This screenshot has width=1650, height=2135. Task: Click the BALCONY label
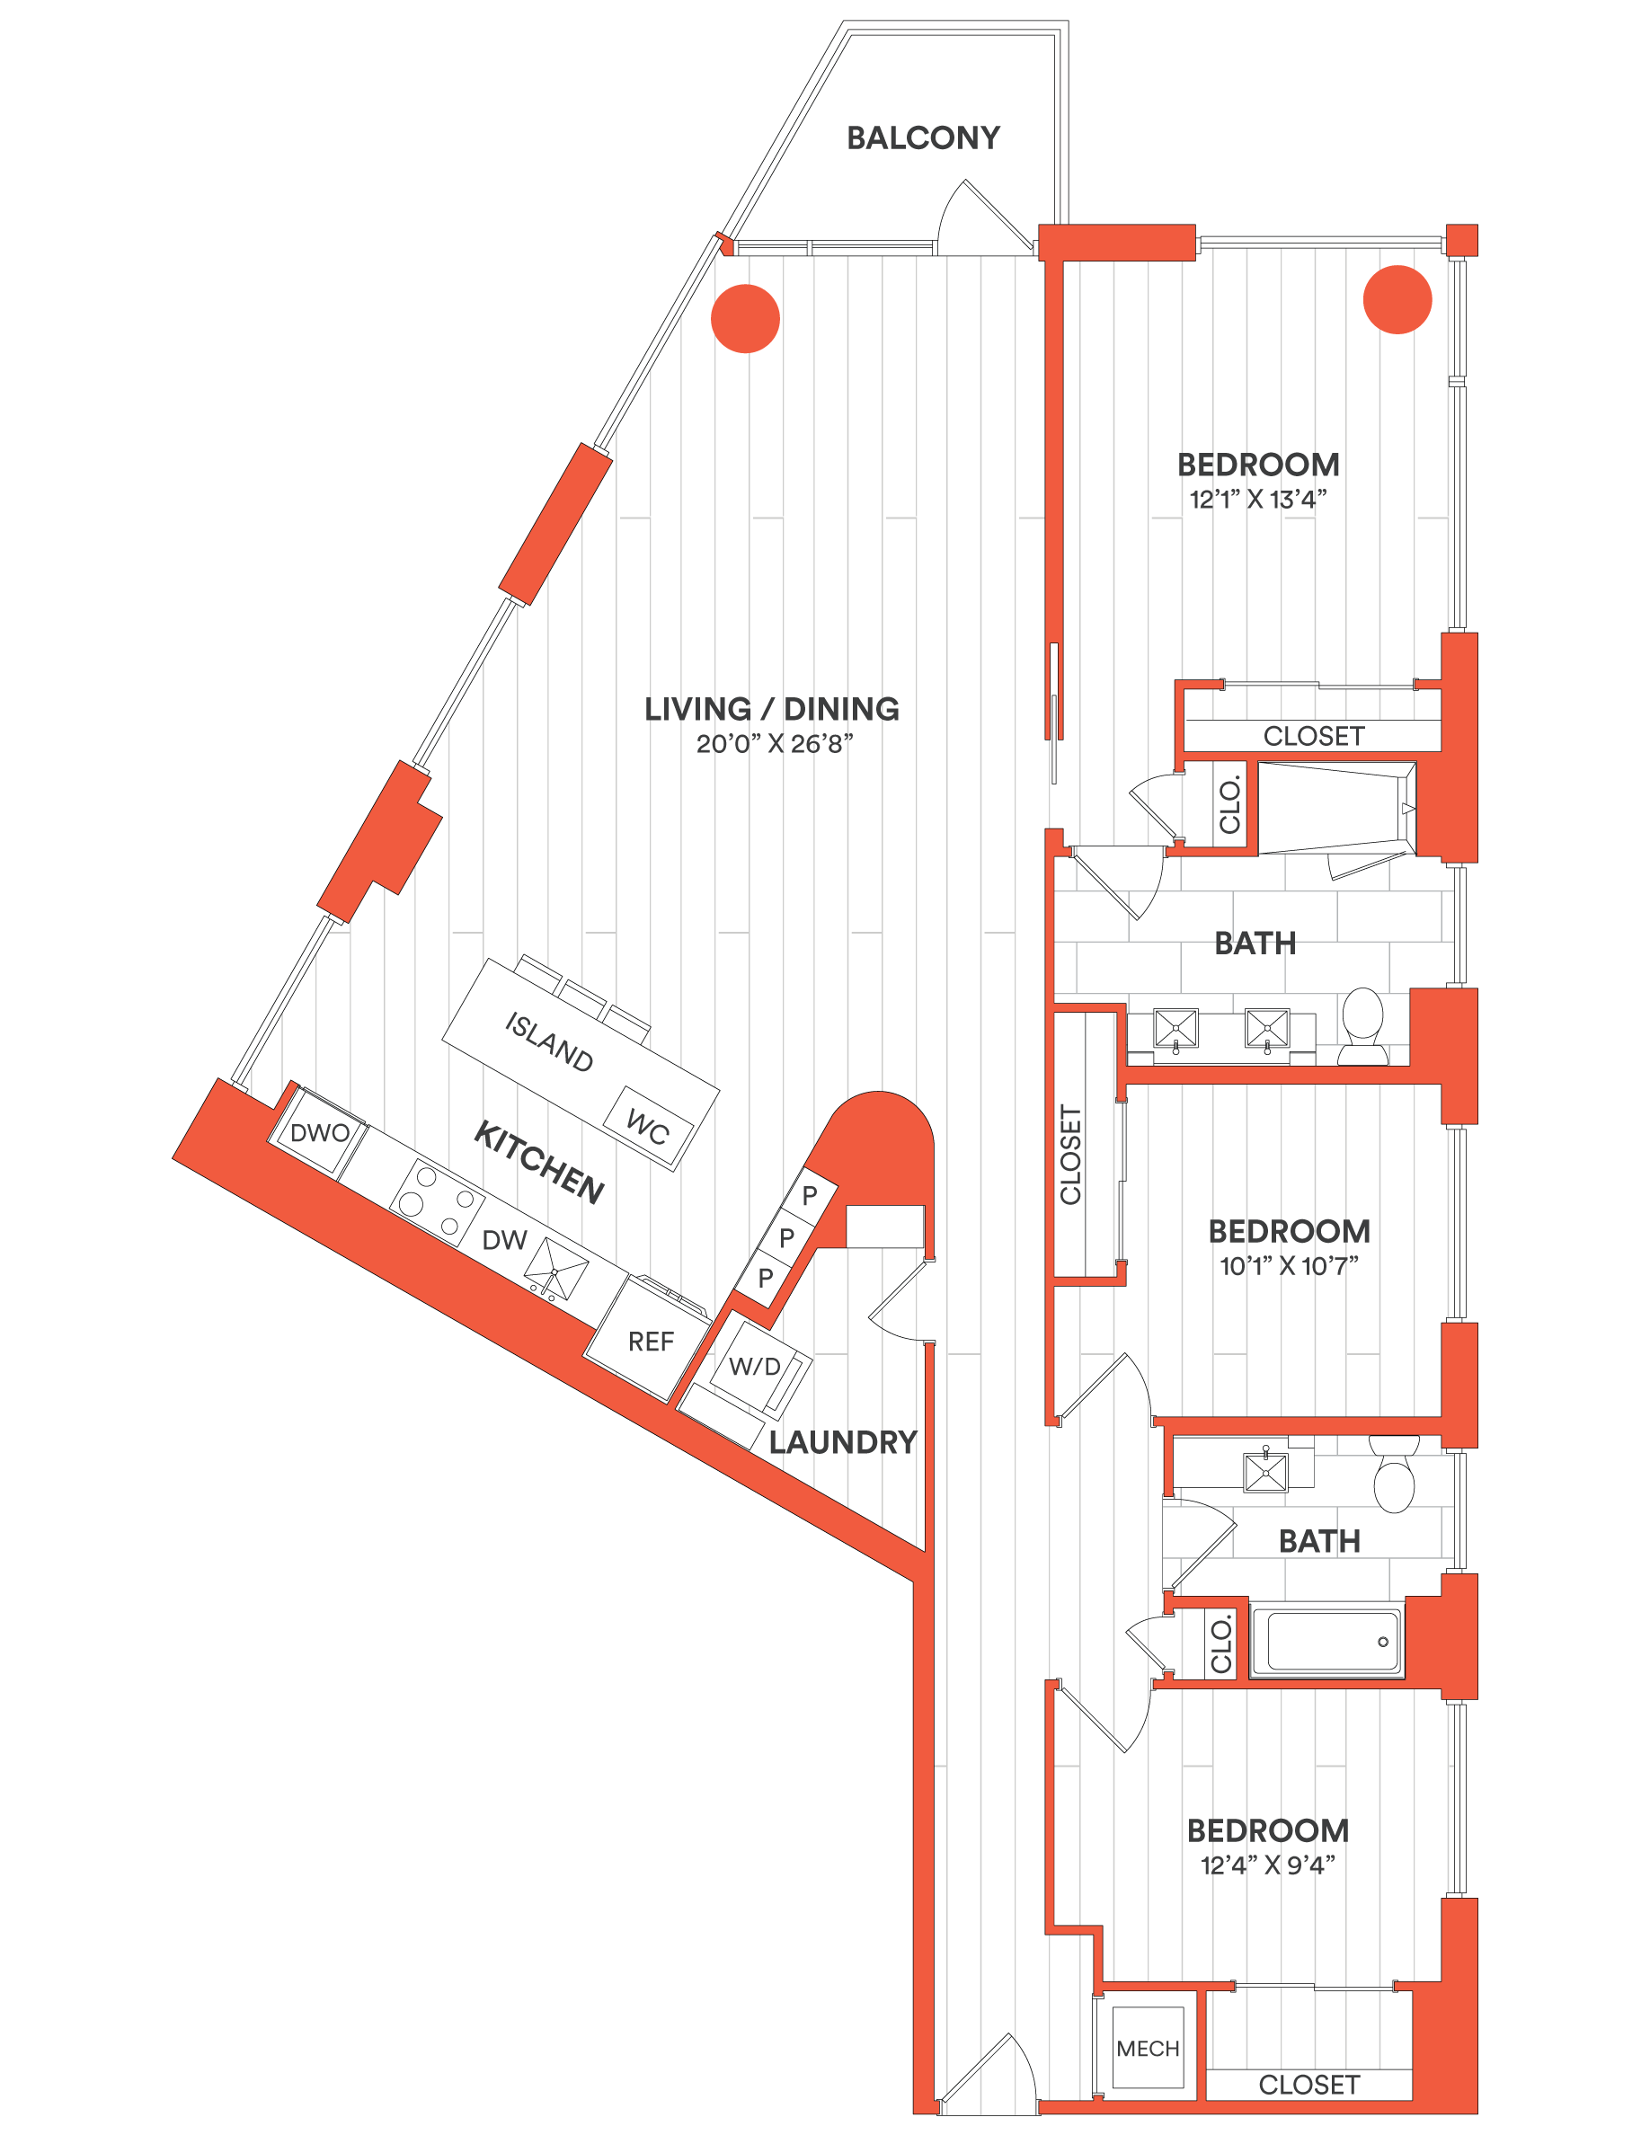click(923, 137)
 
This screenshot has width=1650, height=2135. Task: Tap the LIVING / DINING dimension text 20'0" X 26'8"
click(774, 744)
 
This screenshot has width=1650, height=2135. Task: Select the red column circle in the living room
click(745, 318)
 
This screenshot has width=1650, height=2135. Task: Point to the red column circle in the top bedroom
click(1397, 299)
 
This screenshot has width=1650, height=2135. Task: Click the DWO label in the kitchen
click(320, 1133)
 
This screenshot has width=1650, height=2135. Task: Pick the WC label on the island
click(647, 1127)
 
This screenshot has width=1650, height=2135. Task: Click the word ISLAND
click(548, 1042)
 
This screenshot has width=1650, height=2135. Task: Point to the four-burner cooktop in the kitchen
click(437, 1202)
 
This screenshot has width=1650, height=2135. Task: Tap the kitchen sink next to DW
click(555, 1270)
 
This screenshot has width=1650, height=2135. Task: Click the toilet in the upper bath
click(1362, 1025)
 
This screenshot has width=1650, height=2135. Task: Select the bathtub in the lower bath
click(1327, 1642)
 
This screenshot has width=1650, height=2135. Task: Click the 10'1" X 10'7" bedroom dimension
click(1289, 1266)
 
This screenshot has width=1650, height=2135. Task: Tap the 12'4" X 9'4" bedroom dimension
click(1268, 1865)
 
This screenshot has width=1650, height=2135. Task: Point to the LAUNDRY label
click(843, 1442)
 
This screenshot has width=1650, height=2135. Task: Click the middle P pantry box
click(785, 1237)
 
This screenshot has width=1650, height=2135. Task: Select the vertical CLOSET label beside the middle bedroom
click(1070, 1155)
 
